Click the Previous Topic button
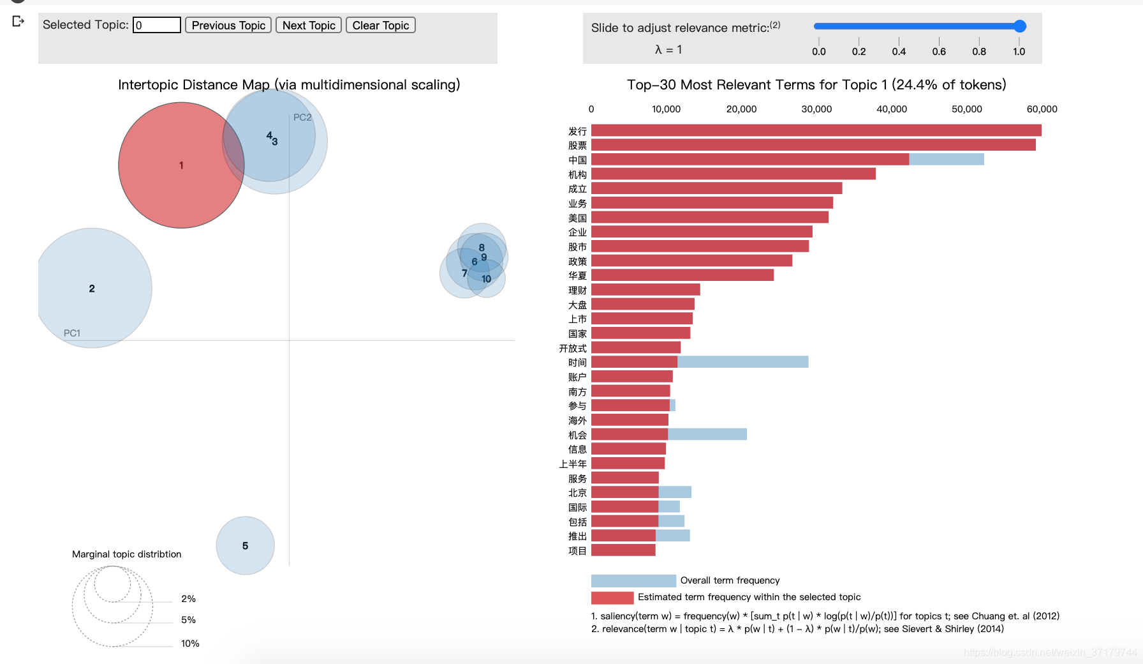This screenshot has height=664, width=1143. tap(228, 26)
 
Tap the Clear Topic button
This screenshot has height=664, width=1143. tap(380, 26)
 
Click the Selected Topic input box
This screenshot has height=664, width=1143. tap(157, 26)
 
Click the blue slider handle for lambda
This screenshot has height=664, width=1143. tap(1020, 26)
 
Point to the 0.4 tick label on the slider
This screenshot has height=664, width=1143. tap(899, 52)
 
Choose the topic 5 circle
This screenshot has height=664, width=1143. tap(246, 546)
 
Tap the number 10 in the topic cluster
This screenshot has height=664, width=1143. tap(487, 279)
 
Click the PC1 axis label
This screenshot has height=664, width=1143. tap(72, 333)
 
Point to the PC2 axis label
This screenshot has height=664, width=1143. tap(302, 117)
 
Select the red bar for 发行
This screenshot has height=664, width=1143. tap(816, 131)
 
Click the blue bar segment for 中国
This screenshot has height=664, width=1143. tap(946, 160)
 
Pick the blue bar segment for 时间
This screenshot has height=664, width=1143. tap(742, 362)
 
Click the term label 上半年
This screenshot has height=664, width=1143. tap(573, 464)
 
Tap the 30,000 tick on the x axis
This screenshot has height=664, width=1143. tap(816, 109)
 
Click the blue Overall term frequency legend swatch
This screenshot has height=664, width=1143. tap(633, 581)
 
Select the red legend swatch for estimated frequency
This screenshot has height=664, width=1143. tap(612, 598)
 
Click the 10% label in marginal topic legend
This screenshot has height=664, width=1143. tap(190, 644)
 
